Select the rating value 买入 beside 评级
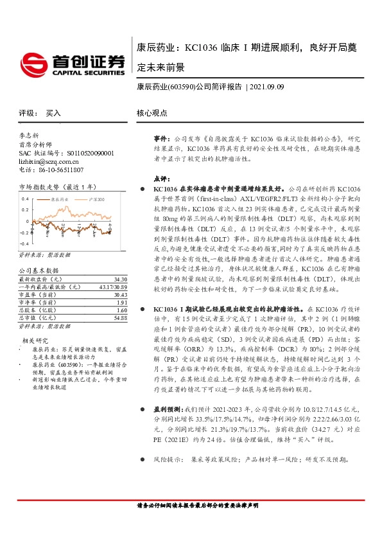click(x=53, y=112)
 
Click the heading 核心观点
click(x=152, y=112)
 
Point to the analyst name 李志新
click(x=29, y=136)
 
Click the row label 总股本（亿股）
click(x=37, y=310)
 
